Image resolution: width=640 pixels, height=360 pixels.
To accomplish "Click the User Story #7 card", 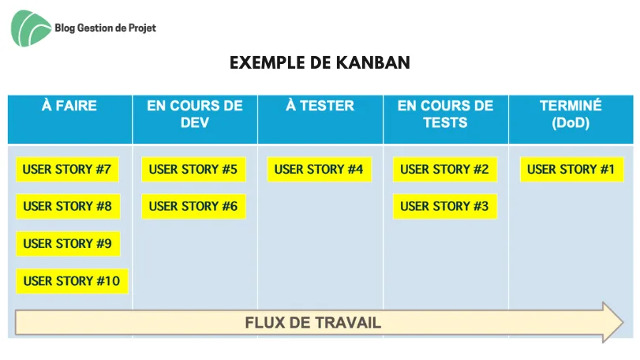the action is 67,170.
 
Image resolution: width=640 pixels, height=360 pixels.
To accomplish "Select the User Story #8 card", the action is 68,207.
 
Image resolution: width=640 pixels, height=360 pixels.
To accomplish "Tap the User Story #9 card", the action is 68,244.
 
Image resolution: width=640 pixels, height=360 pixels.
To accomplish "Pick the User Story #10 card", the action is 72,281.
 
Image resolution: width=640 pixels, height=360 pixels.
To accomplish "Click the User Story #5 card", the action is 193,170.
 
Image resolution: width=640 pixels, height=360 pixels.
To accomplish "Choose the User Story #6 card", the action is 193,207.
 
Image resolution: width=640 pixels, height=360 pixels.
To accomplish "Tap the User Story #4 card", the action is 319,170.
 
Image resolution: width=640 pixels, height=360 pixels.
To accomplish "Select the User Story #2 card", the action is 445,170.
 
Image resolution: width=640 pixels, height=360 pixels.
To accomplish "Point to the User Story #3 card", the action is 445,207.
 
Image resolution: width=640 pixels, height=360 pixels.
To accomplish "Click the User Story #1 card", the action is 572,170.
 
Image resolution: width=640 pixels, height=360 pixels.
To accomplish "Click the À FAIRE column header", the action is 69,119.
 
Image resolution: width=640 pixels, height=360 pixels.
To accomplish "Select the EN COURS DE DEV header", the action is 195,119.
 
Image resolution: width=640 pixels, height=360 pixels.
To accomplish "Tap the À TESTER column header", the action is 320,119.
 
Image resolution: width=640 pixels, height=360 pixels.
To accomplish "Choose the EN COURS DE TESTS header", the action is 446,119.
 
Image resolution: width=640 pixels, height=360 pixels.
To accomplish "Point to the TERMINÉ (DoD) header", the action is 571,119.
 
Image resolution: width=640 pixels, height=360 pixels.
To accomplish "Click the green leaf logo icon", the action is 31,28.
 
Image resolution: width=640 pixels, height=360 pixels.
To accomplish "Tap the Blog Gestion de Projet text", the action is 105,28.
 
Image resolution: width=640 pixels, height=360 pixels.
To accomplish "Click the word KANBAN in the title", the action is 373,63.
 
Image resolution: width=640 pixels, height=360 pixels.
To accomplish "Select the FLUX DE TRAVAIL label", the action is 313,323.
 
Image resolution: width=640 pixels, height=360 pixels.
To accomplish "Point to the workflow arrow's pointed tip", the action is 623,322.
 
